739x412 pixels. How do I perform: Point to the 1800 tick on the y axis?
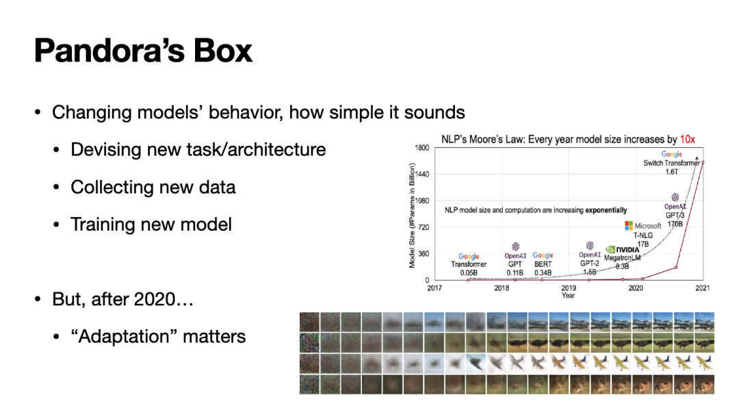pos(422,149)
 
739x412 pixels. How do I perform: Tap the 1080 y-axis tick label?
pos(422,201)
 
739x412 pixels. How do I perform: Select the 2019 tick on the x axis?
pos(569,288)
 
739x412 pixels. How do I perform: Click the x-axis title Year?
pos(569,296)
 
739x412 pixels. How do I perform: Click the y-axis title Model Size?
pos(412,215)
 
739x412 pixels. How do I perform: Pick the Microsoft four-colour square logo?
pos(630,226)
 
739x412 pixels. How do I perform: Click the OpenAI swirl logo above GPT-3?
pos(675,197)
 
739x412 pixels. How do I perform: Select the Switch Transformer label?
pos(672,163)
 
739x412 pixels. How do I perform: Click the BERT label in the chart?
pos(543,263)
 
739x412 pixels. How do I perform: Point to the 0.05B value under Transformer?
pos(469,272)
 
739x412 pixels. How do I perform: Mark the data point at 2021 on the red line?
pos(703,162)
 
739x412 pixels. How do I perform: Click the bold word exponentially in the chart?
pos(606,209)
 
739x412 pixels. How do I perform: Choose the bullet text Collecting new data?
pos(153,187)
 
